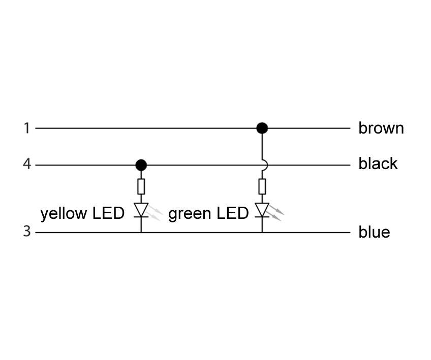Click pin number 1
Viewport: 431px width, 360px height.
point(26,128)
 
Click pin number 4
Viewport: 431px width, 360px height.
point(26,165)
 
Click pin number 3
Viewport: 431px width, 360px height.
point(26,232)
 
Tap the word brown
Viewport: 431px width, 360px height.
point(381,128)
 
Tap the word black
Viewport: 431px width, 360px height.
point(378,163)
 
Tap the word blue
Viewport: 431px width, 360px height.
point(374,232)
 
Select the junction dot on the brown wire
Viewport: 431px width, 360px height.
point(262,128)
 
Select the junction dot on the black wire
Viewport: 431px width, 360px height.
point(141,165)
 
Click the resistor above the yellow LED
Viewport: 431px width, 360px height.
point(141,186)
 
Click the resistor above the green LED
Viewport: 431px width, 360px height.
point(262,186)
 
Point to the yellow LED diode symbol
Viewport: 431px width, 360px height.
point(141,210)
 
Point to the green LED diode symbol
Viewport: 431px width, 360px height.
point(262,210)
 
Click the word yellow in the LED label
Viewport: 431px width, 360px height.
point(64,213)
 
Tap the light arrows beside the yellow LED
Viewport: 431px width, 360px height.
point(156,214)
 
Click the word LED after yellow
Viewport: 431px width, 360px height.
point(108,213)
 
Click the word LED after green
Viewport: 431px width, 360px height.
point(232,213)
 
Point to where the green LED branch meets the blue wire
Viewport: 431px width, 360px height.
point(262,233)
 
